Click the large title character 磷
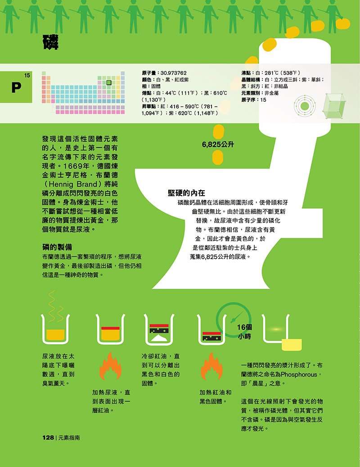click(50, 42)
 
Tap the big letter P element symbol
click(16, 88)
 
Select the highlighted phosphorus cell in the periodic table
click(109, 82)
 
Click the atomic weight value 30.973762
click(173, 73)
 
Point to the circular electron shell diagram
click(305, 106)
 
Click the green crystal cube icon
click(334, 106)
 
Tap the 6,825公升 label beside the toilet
click(218, 144)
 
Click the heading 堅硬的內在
click(186, 193)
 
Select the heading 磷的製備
click(57, 247)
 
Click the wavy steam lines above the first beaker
click(55, 306)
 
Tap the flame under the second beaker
click(110, 366)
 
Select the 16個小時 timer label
click(244, 332)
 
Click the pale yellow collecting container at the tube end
click(292, 345)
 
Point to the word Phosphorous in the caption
click(299, 374)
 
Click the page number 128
click(48, 437)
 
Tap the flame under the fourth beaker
click(211, 366)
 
